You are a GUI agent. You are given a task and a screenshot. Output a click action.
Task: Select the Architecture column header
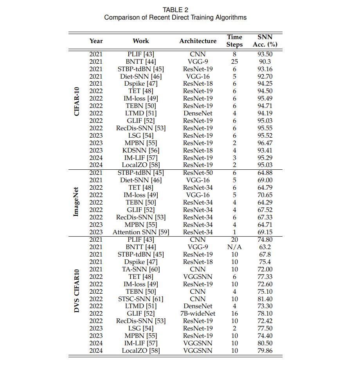[x=198, y=41]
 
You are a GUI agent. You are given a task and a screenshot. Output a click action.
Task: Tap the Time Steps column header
[x=234, y=41]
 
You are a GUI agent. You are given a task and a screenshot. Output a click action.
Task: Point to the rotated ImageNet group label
[x=77, y=202]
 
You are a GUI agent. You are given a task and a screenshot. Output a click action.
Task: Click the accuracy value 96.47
[x=265, y=143]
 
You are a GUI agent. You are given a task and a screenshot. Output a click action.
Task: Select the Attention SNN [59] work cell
[x=141, y=232]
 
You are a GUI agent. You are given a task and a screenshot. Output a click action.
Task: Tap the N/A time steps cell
[x=234, y=247]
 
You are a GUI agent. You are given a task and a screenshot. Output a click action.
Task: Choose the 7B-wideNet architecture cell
[x=198, y=313]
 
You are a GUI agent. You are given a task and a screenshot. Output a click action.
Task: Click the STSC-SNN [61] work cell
[x=141, y=299]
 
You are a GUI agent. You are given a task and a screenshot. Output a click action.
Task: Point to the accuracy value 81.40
[x=265, y=299]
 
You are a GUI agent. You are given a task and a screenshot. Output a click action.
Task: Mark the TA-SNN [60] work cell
[x=141, y=269]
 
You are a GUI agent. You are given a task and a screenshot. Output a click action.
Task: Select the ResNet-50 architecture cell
[x=198, y=172]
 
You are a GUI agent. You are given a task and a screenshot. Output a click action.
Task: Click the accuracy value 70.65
[x=265, y=195]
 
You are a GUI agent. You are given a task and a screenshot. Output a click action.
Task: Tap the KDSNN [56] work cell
[x=141, y=150]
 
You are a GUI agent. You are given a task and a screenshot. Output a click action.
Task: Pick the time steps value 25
[x=234, y=61]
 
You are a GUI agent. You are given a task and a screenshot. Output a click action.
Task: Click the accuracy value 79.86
[x=265, y=350]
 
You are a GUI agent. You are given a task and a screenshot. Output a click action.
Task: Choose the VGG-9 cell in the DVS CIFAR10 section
[x=198, y=247]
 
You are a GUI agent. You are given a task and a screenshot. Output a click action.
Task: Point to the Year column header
[x=96, y=41]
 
